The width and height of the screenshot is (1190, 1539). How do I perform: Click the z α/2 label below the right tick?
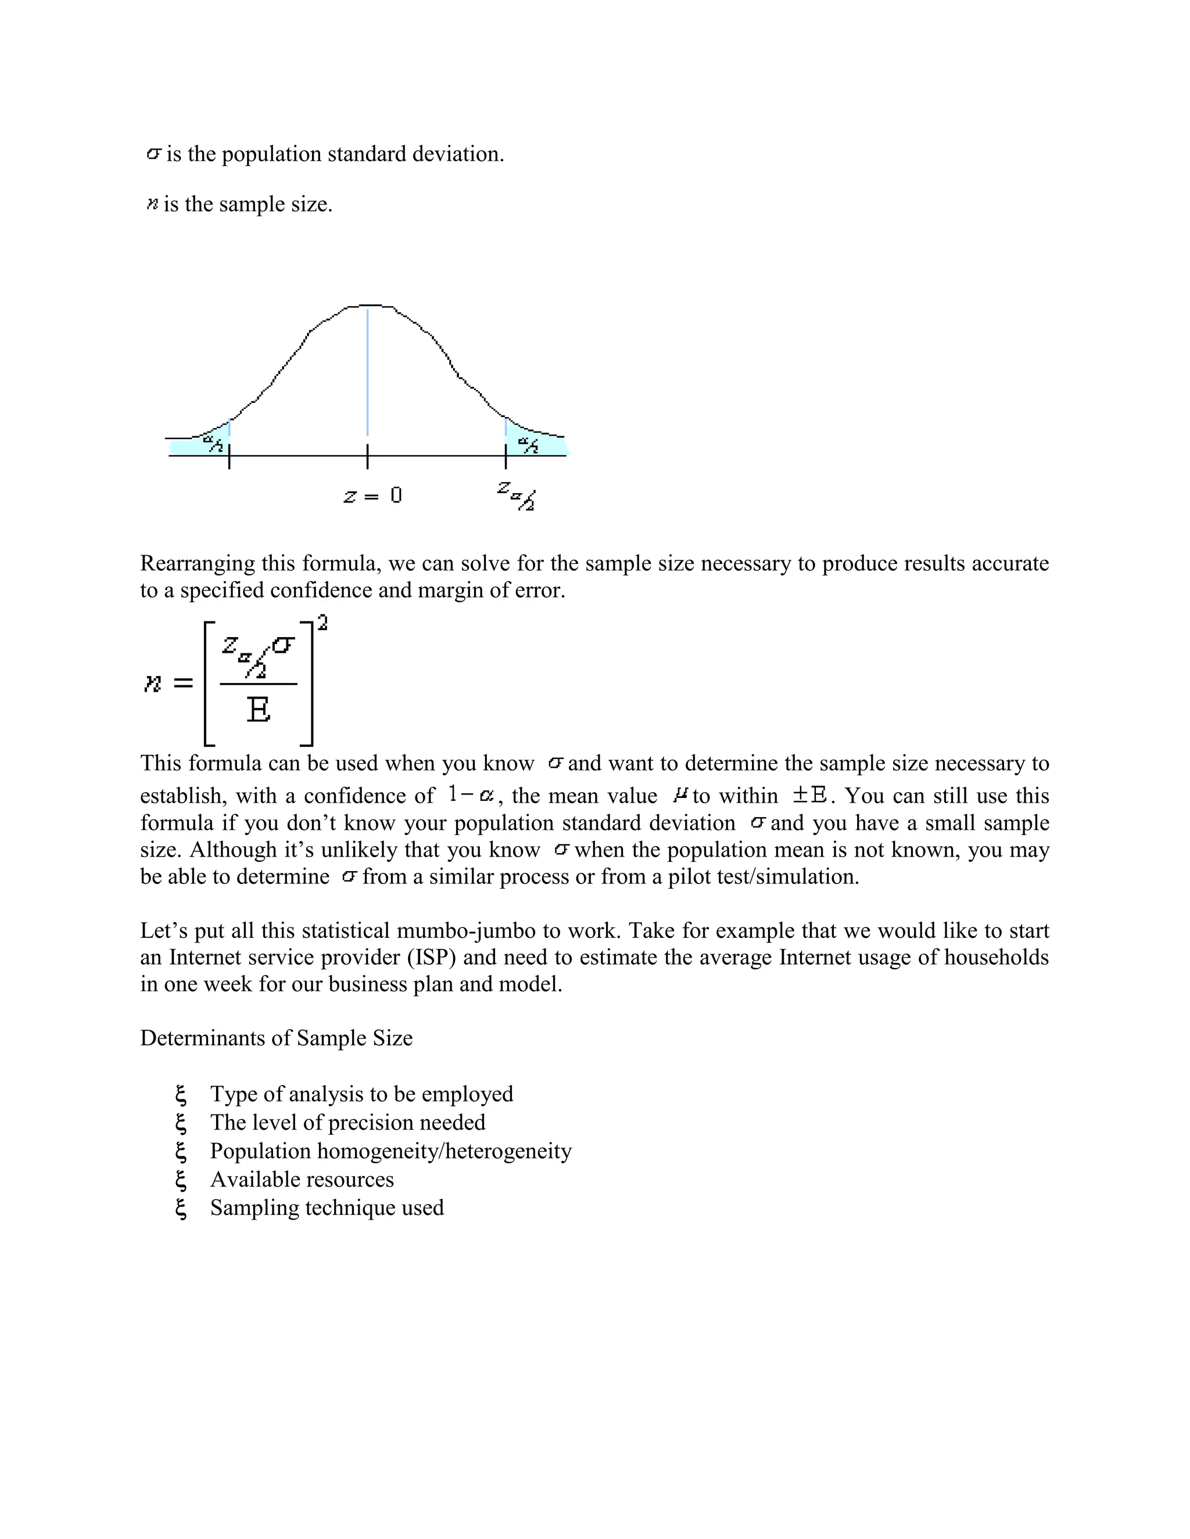(x=516, y=495)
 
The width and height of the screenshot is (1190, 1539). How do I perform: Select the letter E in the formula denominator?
(x=258, y=710)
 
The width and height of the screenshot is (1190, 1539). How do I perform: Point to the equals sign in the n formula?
(x=182, y=683)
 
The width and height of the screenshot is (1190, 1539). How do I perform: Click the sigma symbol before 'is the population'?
(x=153, y=154)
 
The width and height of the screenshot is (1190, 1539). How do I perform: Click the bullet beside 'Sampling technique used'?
(x=181, y=1208)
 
